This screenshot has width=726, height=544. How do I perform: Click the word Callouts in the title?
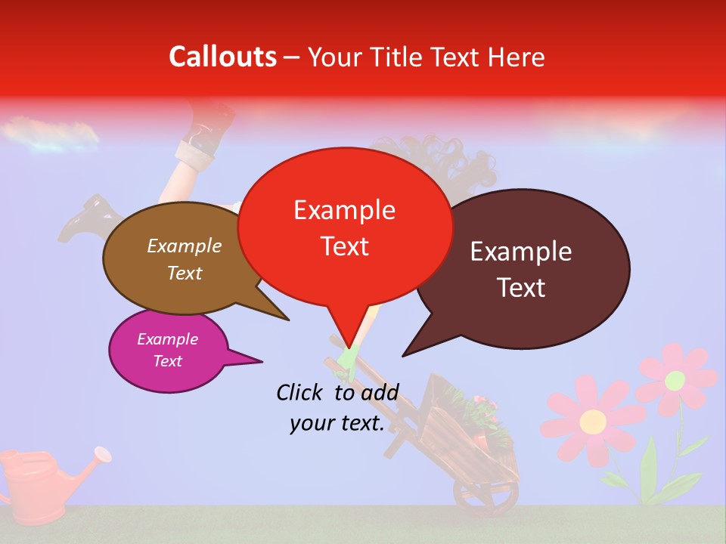pyautogui.click(x=222, y=57)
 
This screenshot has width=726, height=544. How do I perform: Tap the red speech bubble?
pyautogui.click(x=344, y=227)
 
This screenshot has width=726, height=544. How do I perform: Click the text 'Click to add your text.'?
pyautogui.click(x=337, y=407)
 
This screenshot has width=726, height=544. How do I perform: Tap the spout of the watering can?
pyautogui.click(x=101, y=454)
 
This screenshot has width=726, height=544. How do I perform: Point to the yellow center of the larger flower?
pyautogui.click(x=593, y=419)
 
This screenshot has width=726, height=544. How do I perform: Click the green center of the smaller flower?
pyautogui.click(x=675, y=379)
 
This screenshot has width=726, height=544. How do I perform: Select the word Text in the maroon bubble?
pyautogui.click(x=522, y=288)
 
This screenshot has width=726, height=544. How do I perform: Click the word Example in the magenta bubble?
pyautogui.click(x=168, y=339)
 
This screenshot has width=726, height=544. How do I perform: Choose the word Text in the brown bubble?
pyautogui.click(x=185, y=273)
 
